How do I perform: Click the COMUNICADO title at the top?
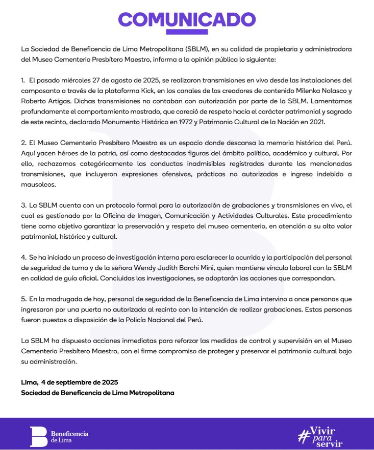(187, 19)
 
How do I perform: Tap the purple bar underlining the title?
(187, 32)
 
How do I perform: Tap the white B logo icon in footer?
(38, 434)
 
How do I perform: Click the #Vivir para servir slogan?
(320, 434)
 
